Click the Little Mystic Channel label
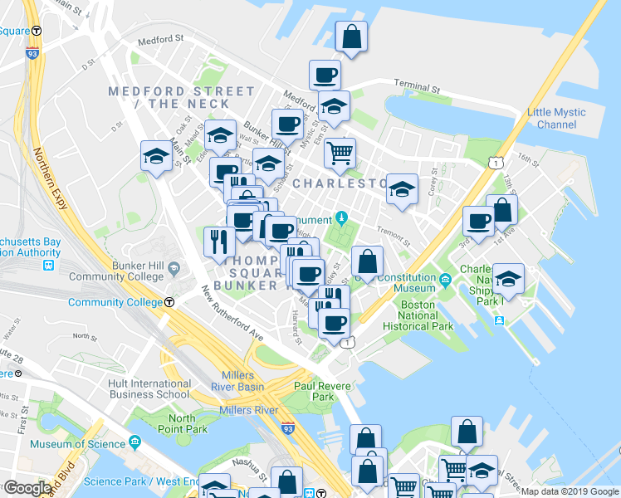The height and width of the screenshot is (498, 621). click(x=556, y=119)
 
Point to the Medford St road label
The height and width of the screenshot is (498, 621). click(x=160, y=39)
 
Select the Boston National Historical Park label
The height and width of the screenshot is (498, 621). click(x=418, y=315)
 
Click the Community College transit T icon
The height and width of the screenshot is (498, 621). click(x=169, y=303)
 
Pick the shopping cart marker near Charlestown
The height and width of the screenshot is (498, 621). click(x=340, y=154)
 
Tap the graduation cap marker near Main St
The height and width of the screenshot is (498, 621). click(x=156, y=156)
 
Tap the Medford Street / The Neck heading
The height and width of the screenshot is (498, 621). click(x=181, y=97)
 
